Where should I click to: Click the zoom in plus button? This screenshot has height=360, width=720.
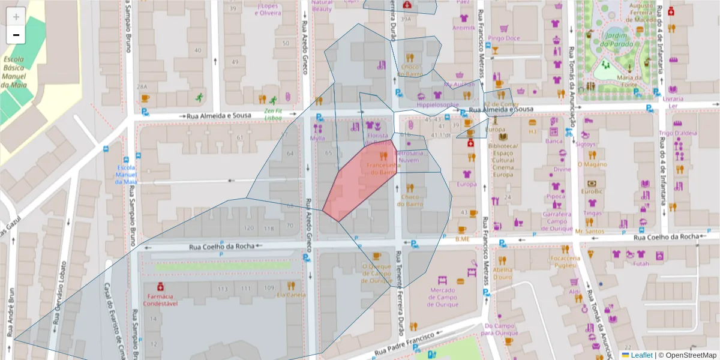coord(16,16)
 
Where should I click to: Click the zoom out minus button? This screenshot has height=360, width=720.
coord(16,35)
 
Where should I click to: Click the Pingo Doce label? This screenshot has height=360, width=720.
coord(503,38)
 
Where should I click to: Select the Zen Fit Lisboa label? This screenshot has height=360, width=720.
coord(273,114)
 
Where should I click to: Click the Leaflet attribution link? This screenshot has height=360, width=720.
coord(641,355)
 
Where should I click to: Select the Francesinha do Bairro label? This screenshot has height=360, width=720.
coord(382,168)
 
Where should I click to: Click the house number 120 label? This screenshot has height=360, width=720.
coord(248,228)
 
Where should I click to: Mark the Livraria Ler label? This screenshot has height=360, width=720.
coord(673,101)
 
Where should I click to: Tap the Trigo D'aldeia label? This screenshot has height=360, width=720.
coord(678,133)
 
